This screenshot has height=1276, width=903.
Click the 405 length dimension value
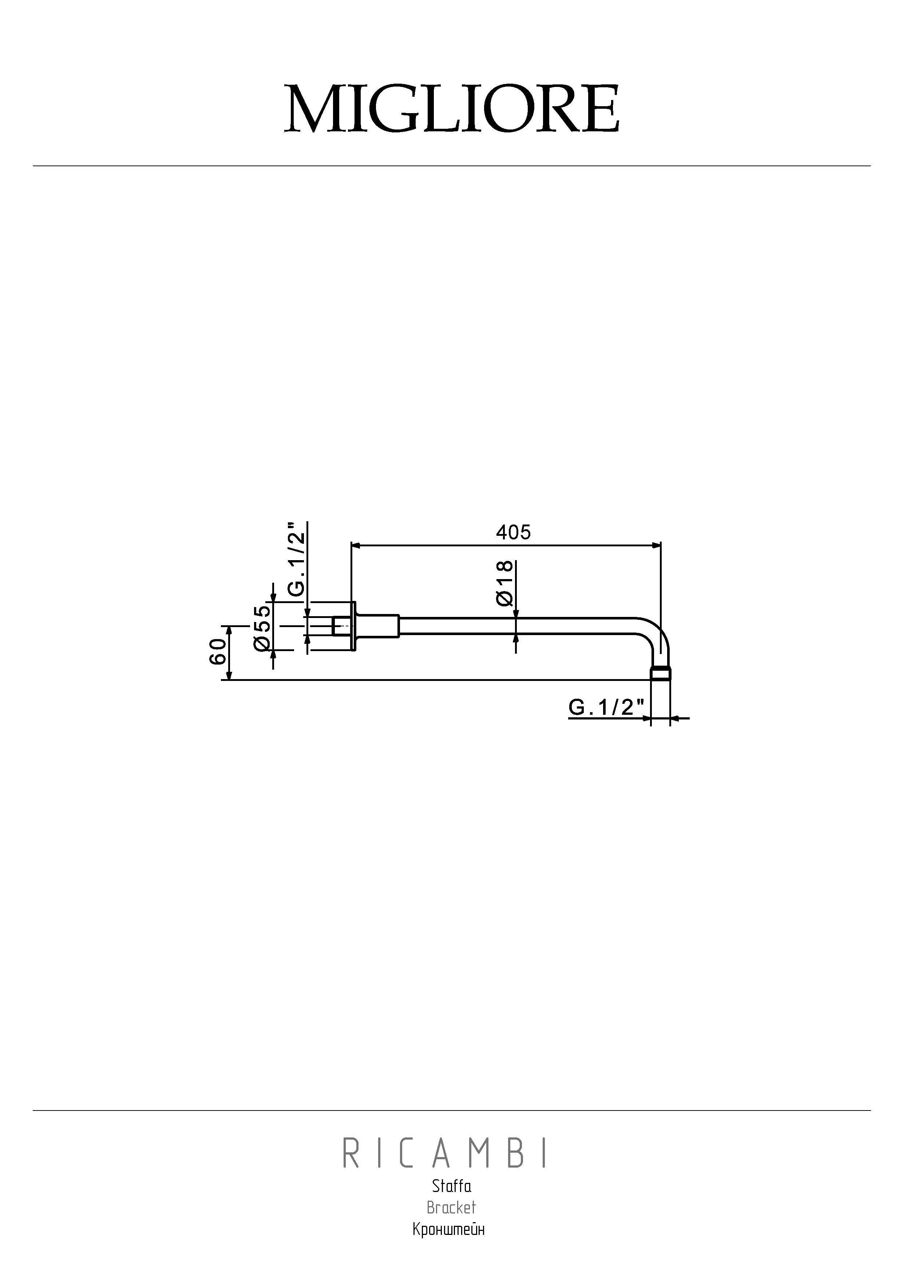coord(513,533)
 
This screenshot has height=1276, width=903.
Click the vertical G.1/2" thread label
coord(297,559)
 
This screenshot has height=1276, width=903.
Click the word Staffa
coord(451,1187)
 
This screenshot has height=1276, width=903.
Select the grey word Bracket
coord(451,1208)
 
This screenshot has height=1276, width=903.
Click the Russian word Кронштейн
coord(449,1229)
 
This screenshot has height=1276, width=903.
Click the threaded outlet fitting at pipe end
coord(661,674)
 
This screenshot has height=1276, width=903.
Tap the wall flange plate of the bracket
coord(353,626)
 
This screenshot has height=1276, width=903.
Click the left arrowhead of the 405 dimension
coord(356,546)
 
